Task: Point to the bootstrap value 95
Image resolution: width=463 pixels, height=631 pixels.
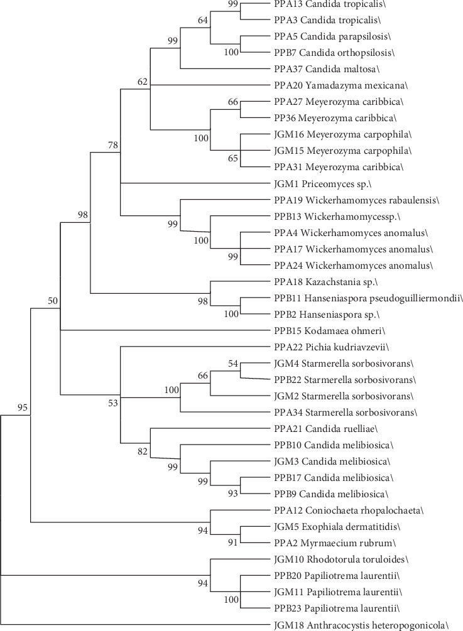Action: click(23, 409)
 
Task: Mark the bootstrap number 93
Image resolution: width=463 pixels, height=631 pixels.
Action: click(233, 493)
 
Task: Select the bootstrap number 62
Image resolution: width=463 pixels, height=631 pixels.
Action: click(143, 80)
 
